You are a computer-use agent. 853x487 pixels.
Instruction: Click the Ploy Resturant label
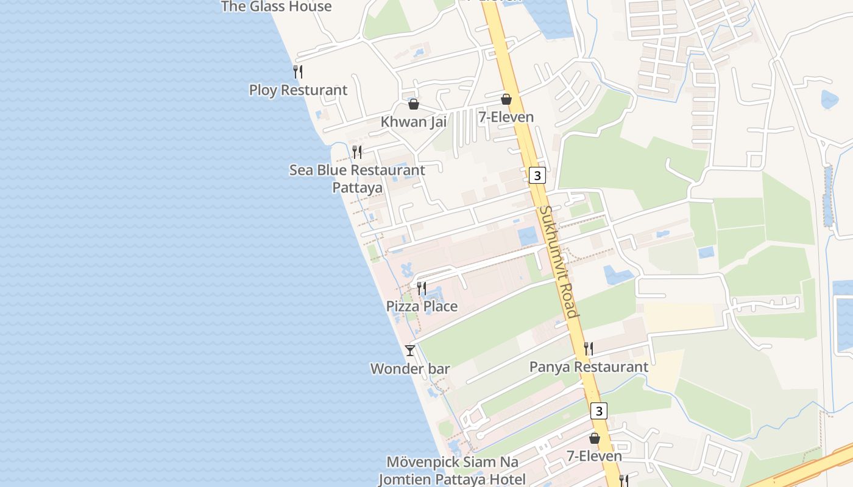[x=298, y=90]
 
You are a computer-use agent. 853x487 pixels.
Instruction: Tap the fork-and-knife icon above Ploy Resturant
[x=298, y=72]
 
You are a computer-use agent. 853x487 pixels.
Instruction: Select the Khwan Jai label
[x=414, y=122]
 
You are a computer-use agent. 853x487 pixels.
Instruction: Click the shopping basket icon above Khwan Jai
[x=414, y=104]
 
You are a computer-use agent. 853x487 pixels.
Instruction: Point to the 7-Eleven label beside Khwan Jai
[x=506, y=117]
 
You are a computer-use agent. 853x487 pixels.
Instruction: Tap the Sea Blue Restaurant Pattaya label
[x=357, y=178]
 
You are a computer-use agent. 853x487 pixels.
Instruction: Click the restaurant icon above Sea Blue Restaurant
[x=357, y=152]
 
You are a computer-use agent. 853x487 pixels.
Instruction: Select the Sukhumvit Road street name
[x=557, y=262]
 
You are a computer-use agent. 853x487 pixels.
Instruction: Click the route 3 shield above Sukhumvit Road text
[x=536, y=176]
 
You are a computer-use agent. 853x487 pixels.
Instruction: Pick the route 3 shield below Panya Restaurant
[x=599, y=411]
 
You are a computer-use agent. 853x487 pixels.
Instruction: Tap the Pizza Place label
[x=422, y=306]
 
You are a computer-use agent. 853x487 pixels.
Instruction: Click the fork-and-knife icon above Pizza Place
[x=422, y=288]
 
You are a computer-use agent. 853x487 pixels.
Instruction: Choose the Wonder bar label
[x=410, y=369]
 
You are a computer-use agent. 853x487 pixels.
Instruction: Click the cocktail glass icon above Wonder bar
[x=410, y=351]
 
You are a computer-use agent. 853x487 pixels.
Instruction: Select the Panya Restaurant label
[x=589, y=367]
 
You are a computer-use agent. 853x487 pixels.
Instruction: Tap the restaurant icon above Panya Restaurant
[x=589, y=349]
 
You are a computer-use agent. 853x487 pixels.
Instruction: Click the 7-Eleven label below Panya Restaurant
[x=594, y=456]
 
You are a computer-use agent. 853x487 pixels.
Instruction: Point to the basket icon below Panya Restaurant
[x=595, y=438]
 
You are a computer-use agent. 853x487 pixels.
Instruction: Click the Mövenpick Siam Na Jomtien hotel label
[x=452, y=471]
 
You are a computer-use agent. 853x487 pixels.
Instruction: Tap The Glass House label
[x=276, y=7]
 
